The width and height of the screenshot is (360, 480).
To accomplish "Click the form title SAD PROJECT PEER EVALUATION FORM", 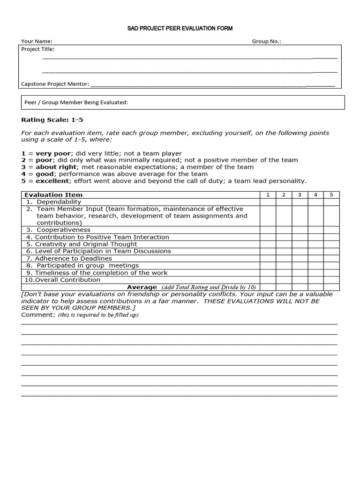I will [180, 29].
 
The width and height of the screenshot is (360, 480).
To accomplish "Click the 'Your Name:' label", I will [37, 41].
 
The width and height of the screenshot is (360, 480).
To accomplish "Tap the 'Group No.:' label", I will [266, 41].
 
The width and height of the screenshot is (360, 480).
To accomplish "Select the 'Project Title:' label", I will [38, 49].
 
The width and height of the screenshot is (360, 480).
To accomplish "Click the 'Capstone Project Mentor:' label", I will [55, 84].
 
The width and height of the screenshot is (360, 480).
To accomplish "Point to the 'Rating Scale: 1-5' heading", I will [52, 120].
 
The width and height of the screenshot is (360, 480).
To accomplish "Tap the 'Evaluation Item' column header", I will [53, 195].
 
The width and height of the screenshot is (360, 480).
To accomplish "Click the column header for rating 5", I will [331, 195].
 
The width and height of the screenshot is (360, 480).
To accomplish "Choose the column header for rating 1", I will [268, 195].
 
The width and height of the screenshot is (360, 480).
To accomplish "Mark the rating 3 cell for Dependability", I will [300, 202].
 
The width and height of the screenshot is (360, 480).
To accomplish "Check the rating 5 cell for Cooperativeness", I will [331, 230].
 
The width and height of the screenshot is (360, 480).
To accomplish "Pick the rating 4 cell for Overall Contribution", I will [315, 280].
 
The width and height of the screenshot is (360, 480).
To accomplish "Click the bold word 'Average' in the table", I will [142, 287].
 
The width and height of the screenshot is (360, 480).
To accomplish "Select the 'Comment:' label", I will [38, 315].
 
